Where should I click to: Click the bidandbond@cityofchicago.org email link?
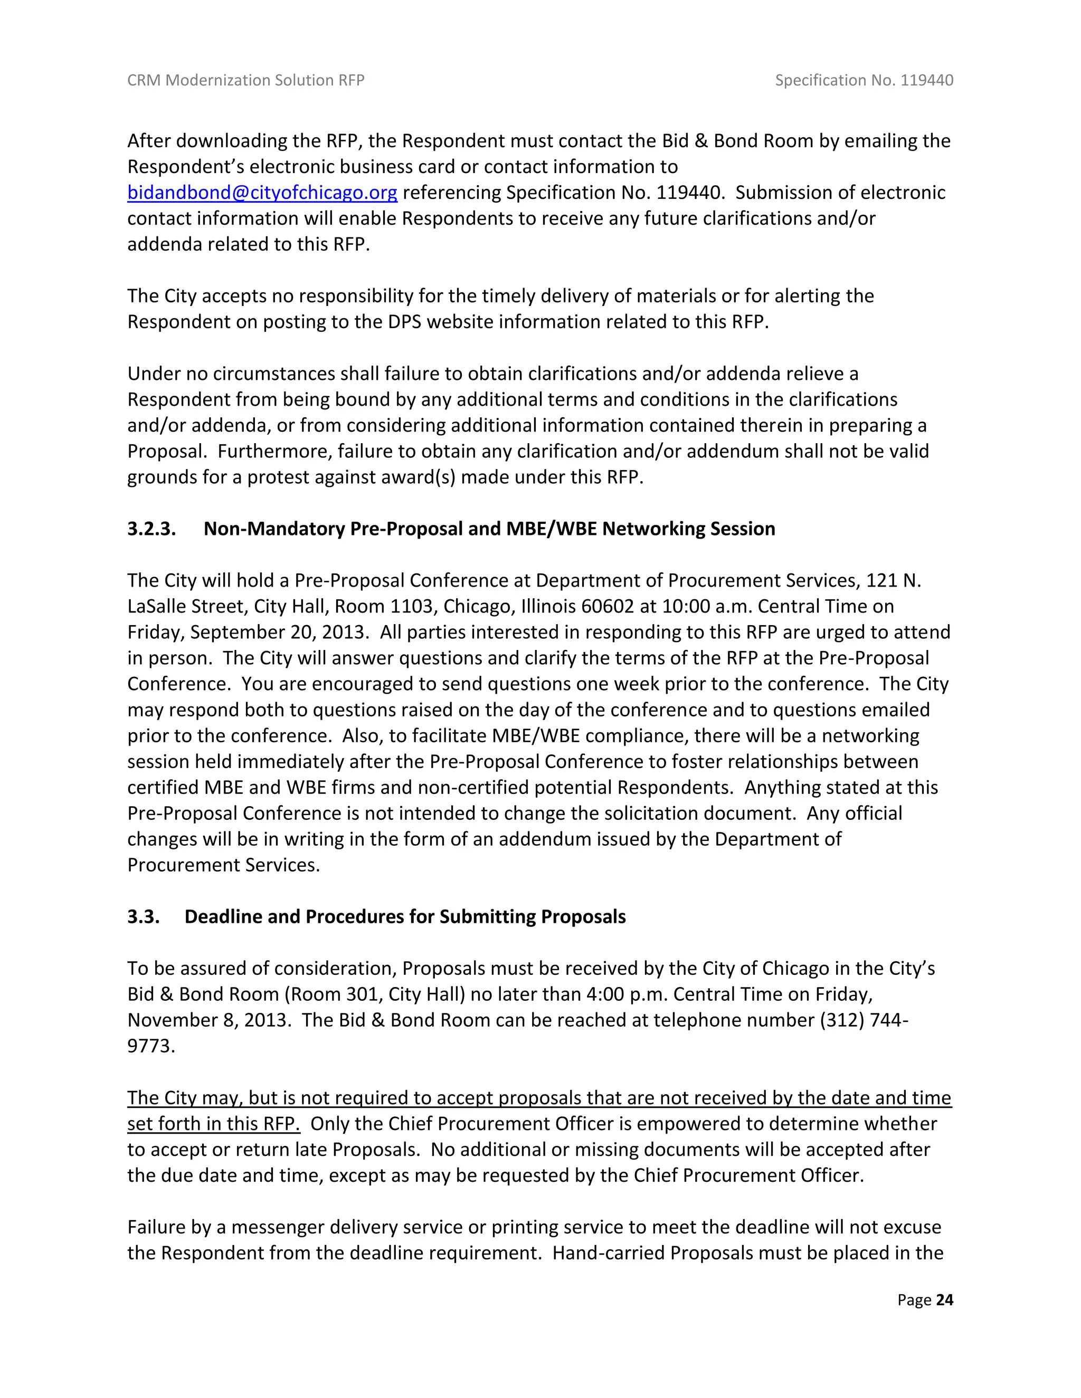click(x=262, y=193)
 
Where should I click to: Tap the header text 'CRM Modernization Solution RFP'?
click(x=245, y=80)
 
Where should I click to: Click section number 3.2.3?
click(x=151, y=529)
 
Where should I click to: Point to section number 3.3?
click(x=143, y=917)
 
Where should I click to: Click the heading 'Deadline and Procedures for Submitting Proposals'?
click(x=405, y=917)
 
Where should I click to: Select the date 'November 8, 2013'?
click(x=209, y=1020)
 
